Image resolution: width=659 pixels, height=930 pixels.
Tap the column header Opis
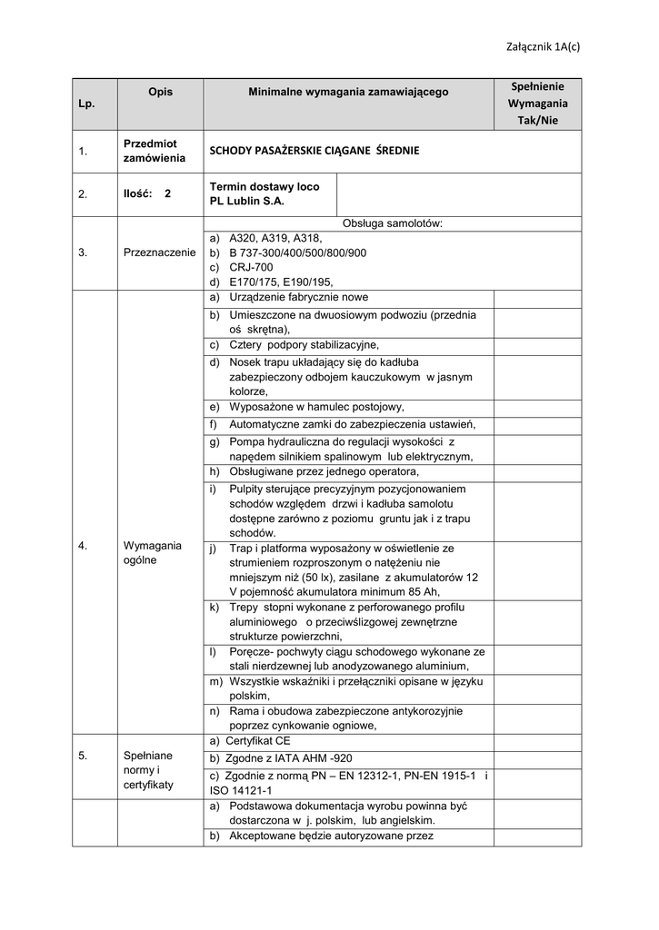161,92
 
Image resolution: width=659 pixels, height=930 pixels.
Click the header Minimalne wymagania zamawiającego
348,92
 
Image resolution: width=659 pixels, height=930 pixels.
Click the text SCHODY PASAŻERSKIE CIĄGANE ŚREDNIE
315,151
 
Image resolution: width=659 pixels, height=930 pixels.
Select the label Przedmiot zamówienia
150,151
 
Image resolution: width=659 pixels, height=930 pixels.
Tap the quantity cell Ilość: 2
146,193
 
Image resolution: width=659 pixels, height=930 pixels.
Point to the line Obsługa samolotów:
392,223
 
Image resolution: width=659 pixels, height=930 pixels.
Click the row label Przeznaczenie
160,252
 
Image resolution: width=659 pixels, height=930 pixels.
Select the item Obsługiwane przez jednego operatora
324,471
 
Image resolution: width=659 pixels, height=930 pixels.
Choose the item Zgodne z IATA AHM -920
281,758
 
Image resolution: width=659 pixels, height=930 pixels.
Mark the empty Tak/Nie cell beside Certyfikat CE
537,741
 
